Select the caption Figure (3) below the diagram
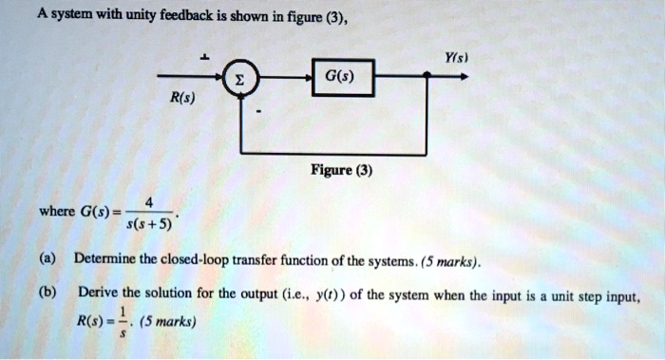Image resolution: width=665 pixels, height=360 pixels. [340, 173]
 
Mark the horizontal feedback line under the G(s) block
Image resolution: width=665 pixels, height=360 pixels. [337, 150]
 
